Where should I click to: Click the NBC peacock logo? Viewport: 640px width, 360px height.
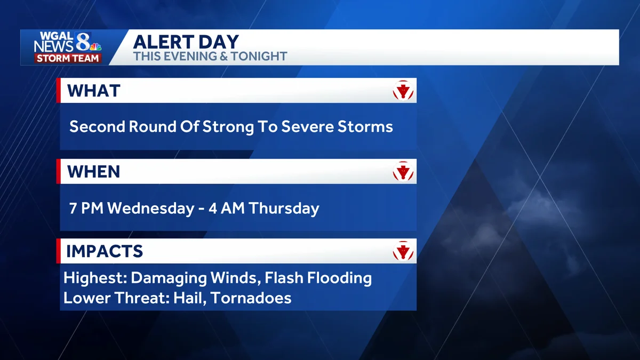pyautogui.click(x=96, y=47)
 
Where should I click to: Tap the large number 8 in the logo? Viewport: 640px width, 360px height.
pyautogui.click(x=83, y=42)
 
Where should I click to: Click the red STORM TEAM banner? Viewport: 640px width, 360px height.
pyautogui.click(x=68, y=58)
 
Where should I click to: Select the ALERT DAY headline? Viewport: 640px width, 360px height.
pyautogui.click(x=186, y=42)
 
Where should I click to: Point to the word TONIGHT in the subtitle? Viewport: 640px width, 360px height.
pyautogui.click(x=259, y=57)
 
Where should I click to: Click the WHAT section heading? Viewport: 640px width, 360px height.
pyautogui.click(x=94, y=91)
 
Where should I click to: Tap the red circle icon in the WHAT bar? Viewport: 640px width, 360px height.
pyautogui.click(x=403, y=91)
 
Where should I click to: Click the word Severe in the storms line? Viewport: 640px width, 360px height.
pyautogui.click(x=307, y=126)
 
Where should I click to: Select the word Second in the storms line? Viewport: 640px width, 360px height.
pyautogui.click(x=98, y=126)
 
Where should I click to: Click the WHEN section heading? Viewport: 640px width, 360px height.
pyautogui.click(x=93, y=172)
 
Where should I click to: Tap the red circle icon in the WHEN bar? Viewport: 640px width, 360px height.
pyautogui.click(x=403, y=171)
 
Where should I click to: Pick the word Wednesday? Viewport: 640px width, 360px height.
pyautogui.click(x=151, y=208)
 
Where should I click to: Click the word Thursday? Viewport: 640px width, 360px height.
pyautogui.click(x=284, y=209)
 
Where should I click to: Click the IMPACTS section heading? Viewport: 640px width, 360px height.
pyautogui.click(x=105, y=251)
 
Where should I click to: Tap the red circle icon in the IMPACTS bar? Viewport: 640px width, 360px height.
pyautogui.click(x=403, y=251)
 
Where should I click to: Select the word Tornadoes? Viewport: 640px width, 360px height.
pyautogui.click(x=251, y=298)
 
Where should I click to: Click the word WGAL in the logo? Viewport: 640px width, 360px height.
pyautogui.click(x=57, y=36)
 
